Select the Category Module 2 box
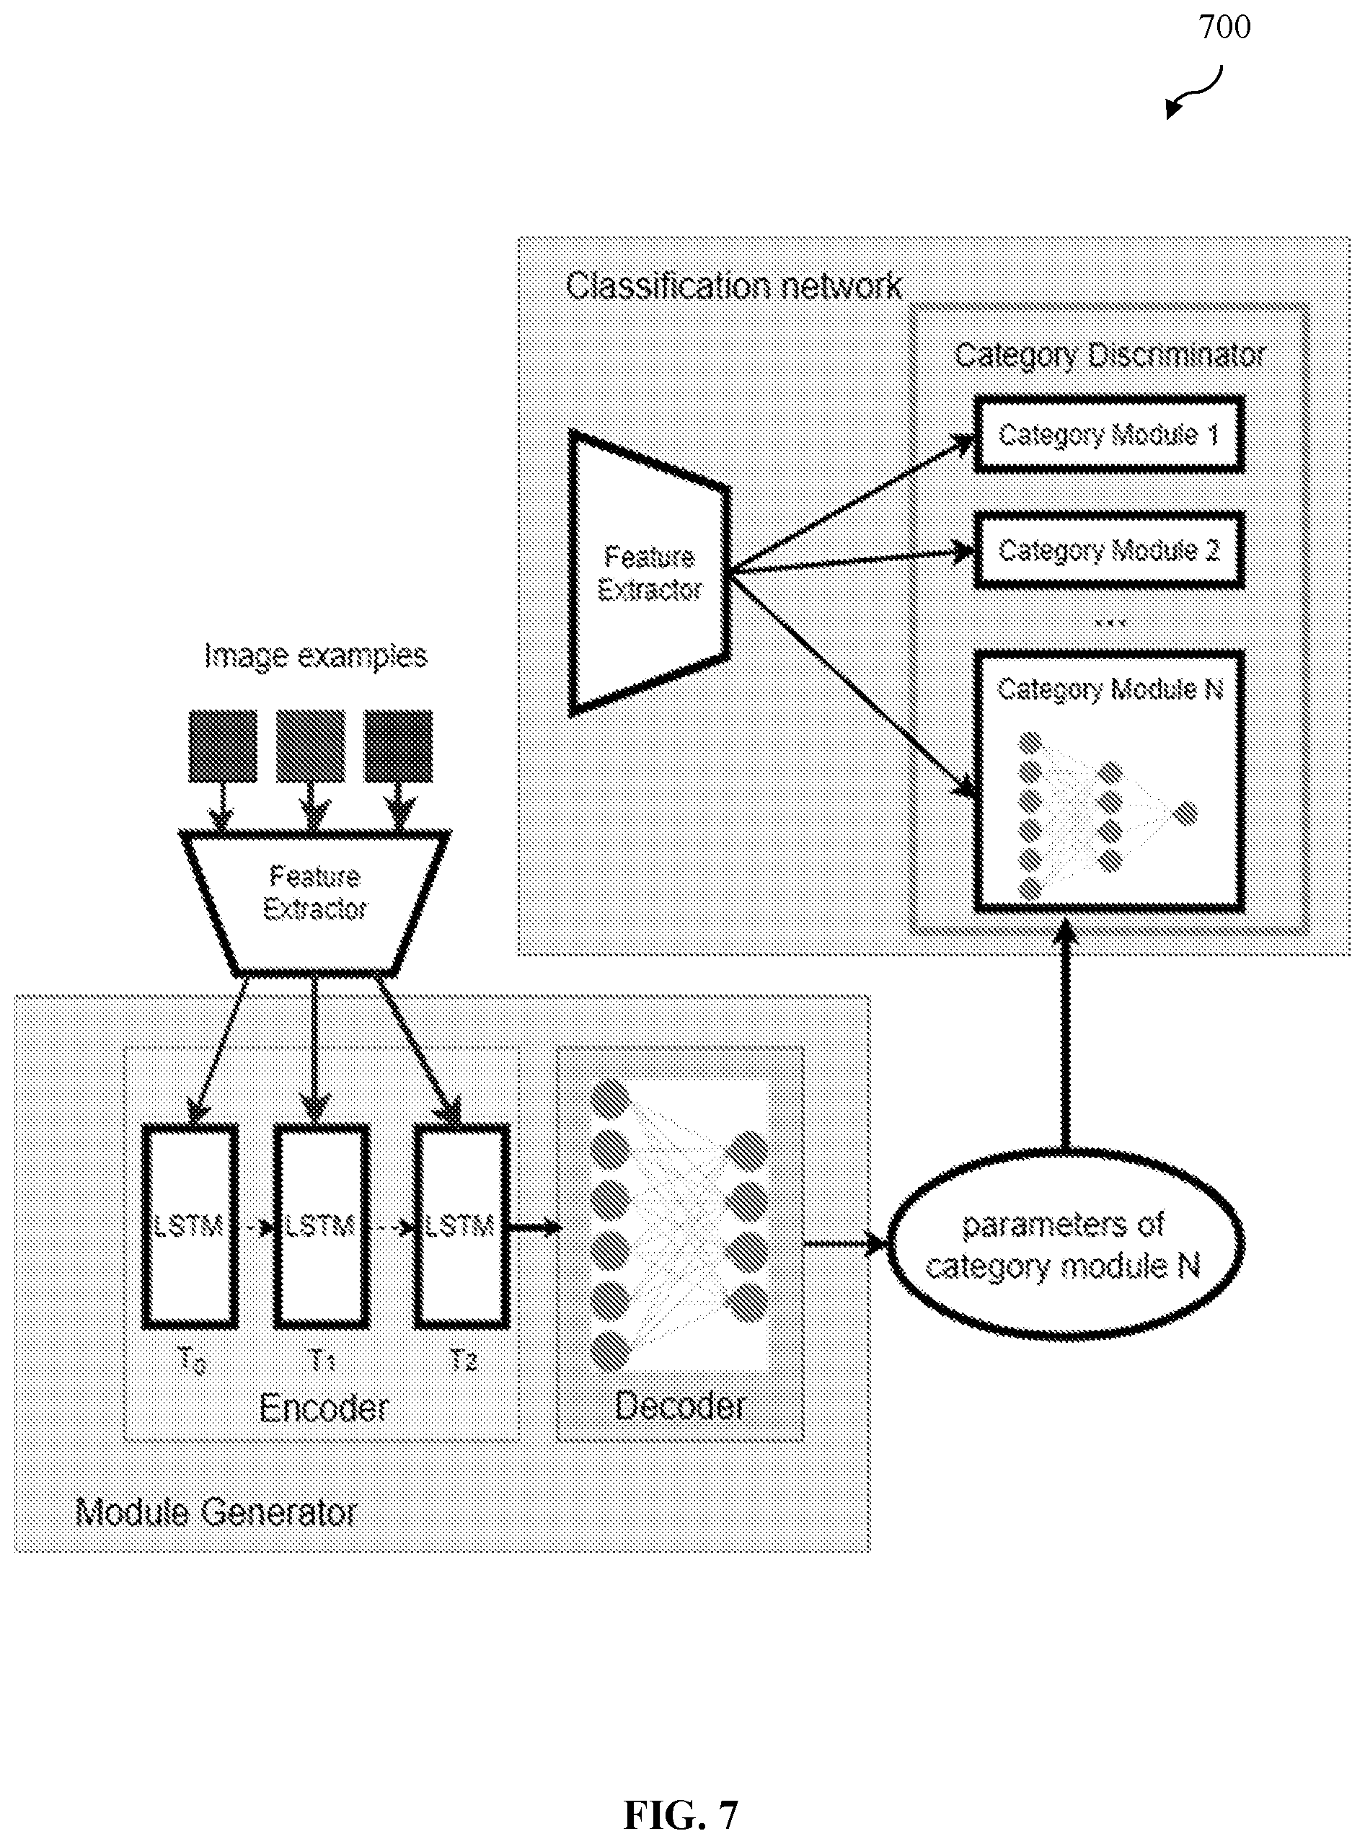point(1109,550)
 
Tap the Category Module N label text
point(1110,689)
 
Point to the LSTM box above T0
point(190,1226)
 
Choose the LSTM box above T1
point(321,1226)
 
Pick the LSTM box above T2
point(460,1226)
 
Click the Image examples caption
point(315,656)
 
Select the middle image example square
point(310,746)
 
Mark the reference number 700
point(1224,27)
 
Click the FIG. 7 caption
point(681,1815)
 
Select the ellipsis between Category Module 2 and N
point(1109,622)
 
